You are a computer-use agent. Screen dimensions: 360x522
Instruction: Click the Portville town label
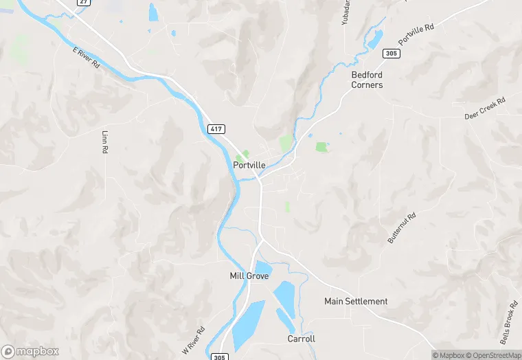pos(249,165)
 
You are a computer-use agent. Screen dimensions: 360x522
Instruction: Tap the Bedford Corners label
pos(367,80)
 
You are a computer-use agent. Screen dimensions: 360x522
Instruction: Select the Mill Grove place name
pos(249,276)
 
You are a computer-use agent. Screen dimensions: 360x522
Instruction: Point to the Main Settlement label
pos(356,302)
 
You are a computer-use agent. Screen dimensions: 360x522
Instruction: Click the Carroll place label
pos(301,339)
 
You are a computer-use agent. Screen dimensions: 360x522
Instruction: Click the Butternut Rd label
pos(402,227)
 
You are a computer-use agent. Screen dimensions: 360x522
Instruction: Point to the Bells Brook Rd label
pos(508,322)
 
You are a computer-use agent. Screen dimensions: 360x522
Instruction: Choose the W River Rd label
pos(194,340)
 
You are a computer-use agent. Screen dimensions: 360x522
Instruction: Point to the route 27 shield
pos(83,2)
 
